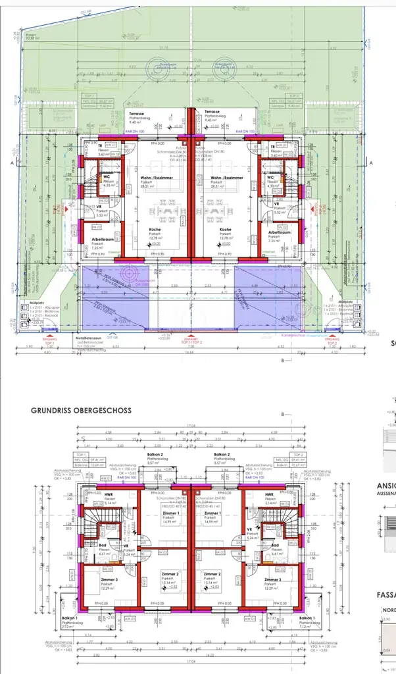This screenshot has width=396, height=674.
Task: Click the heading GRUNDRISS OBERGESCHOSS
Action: pos(80,409)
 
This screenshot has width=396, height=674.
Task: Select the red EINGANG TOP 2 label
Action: pos(333,342)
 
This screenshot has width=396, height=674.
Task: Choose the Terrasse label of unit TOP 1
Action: pos(137,113)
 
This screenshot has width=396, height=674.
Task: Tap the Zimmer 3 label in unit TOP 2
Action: pos(268,579)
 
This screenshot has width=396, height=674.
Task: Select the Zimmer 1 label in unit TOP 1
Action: pos(170,513)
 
